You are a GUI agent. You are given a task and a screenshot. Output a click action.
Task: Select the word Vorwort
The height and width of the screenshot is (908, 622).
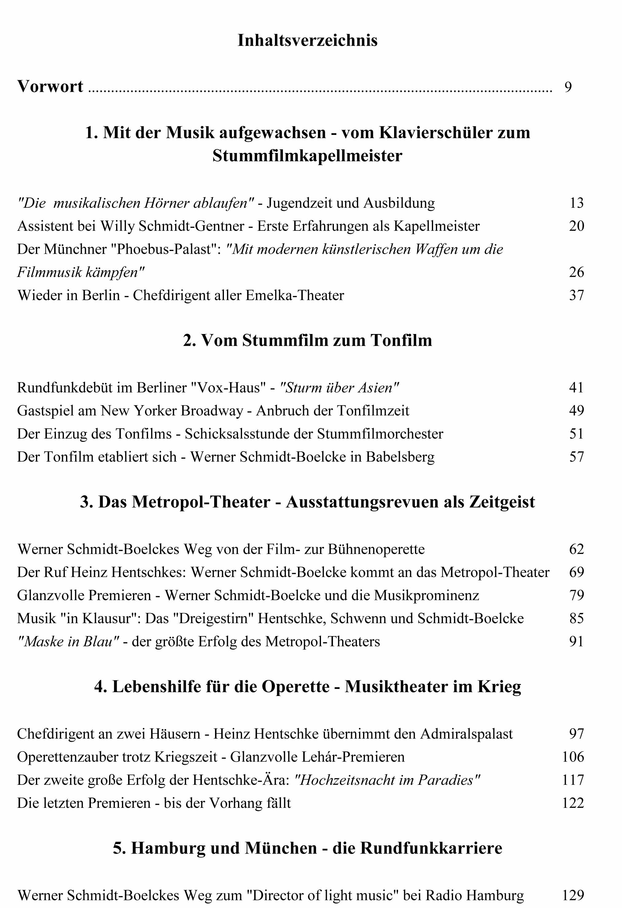(50, 86)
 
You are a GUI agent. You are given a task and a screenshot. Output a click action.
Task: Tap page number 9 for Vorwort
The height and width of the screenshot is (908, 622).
(568, 87)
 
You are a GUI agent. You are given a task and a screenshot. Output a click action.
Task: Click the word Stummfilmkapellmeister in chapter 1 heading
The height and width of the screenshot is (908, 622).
(307, 156)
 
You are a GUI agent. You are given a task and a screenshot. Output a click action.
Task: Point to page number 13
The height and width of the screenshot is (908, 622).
(576, 203)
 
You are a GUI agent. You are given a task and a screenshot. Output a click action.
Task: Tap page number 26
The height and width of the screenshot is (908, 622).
(576, 272)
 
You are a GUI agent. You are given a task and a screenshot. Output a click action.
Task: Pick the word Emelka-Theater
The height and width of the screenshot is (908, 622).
(295, 295)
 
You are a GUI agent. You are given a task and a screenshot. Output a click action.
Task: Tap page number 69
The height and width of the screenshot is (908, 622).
(576, 572)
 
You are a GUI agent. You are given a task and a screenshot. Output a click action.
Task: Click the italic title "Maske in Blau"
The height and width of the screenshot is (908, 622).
(68, 642)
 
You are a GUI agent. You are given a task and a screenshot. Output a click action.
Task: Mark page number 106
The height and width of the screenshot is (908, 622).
(573, 757)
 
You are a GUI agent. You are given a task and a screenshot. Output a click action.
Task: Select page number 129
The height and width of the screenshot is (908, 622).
(573, 895)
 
